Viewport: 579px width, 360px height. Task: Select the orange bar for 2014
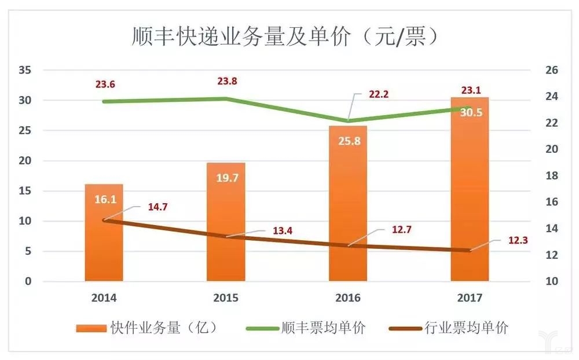point(104,243)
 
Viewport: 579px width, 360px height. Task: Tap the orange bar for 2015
point(226,232)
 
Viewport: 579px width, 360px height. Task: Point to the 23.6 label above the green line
point(105,85)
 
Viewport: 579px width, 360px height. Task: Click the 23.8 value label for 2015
point(226,82)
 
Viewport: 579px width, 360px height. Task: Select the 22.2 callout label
point(379,94)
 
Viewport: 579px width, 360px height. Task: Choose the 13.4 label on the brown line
point(282,232)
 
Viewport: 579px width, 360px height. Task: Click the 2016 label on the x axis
point(347,298)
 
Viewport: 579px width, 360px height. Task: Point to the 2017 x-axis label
point(470,298)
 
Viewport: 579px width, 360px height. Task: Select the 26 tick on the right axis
point(551,70)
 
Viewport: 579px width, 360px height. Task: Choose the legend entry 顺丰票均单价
point(307,328)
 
